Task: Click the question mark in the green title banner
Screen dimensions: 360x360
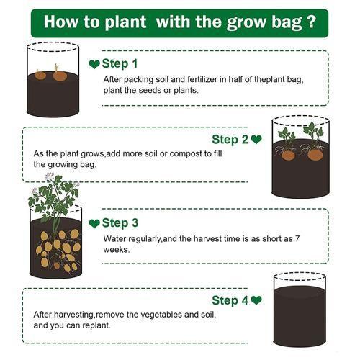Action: coord(311,22)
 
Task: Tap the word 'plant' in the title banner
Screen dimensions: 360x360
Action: coord(125,23)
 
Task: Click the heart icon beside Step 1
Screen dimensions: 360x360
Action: coord(94,64)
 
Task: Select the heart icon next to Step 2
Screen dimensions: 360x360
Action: coord(256,140)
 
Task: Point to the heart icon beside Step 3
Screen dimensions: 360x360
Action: coord(94,223)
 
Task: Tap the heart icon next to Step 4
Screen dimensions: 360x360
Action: coord(256,300)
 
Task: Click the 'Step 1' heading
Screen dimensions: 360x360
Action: coord(120,64)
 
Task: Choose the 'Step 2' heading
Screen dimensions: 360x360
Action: coord(230,140)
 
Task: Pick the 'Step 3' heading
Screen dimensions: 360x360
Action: coord(120,223)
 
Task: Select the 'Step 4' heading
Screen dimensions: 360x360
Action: coord(230,300)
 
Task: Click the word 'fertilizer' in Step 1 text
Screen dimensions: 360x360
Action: coord(202,79)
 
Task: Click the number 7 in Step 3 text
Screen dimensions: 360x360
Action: coord(297,239)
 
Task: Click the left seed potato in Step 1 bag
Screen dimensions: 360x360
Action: coord(40,75)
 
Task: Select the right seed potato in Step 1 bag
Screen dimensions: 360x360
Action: coord(60,75)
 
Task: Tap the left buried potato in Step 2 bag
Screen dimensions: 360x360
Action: coord(288,156)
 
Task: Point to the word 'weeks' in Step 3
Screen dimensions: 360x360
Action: coord(116,250)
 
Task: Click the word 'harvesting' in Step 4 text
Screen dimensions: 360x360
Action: coord(73,315)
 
